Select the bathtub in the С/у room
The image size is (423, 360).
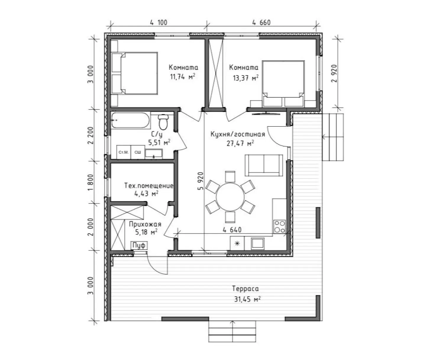131,120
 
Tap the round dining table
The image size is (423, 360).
230,197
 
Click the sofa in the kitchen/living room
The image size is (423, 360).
264,165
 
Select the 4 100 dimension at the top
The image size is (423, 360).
159,22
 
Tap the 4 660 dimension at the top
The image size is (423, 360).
261,22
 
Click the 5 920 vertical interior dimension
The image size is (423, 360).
201,181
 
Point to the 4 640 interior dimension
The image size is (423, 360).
232,230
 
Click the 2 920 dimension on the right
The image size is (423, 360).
334,73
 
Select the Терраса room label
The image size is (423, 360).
245,289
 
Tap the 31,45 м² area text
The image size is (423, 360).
247,299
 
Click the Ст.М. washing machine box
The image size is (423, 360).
124,152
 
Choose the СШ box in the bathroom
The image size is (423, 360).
138,152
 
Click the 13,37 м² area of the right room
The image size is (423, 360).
246,78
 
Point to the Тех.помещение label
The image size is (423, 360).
149,186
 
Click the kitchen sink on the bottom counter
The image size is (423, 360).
257,243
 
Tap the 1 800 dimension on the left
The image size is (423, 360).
91,182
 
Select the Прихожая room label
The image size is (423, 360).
145,224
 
